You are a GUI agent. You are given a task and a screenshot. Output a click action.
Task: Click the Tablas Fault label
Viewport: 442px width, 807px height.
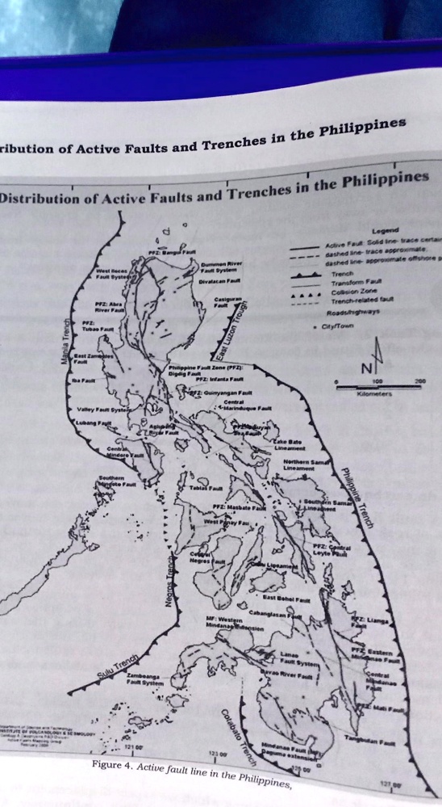click(x=202, y=488)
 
